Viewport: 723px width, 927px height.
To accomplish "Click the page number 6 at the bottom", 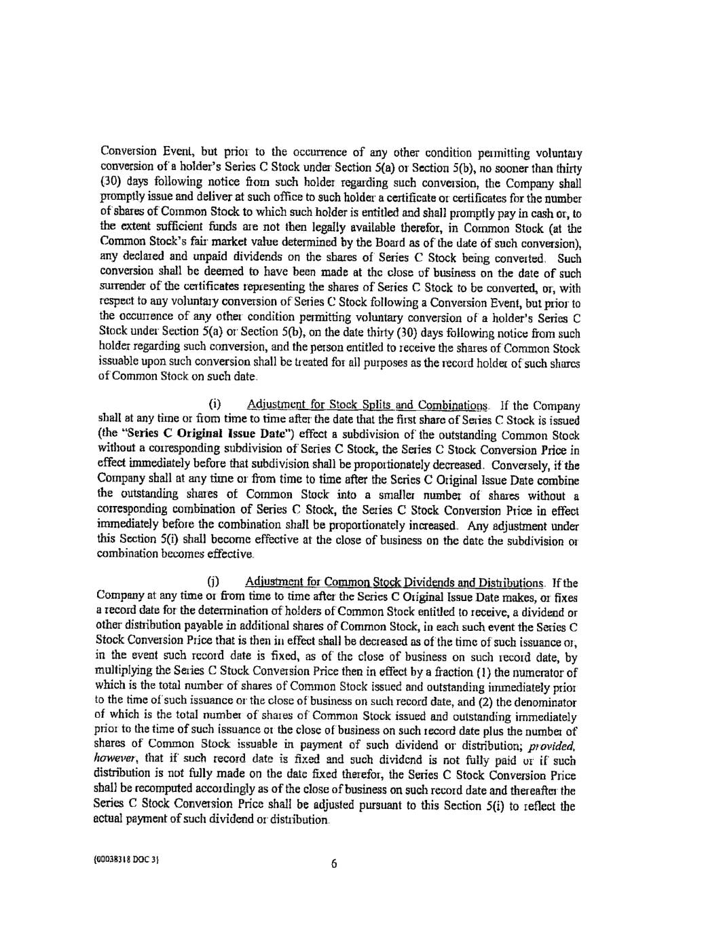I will point(334,864).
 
